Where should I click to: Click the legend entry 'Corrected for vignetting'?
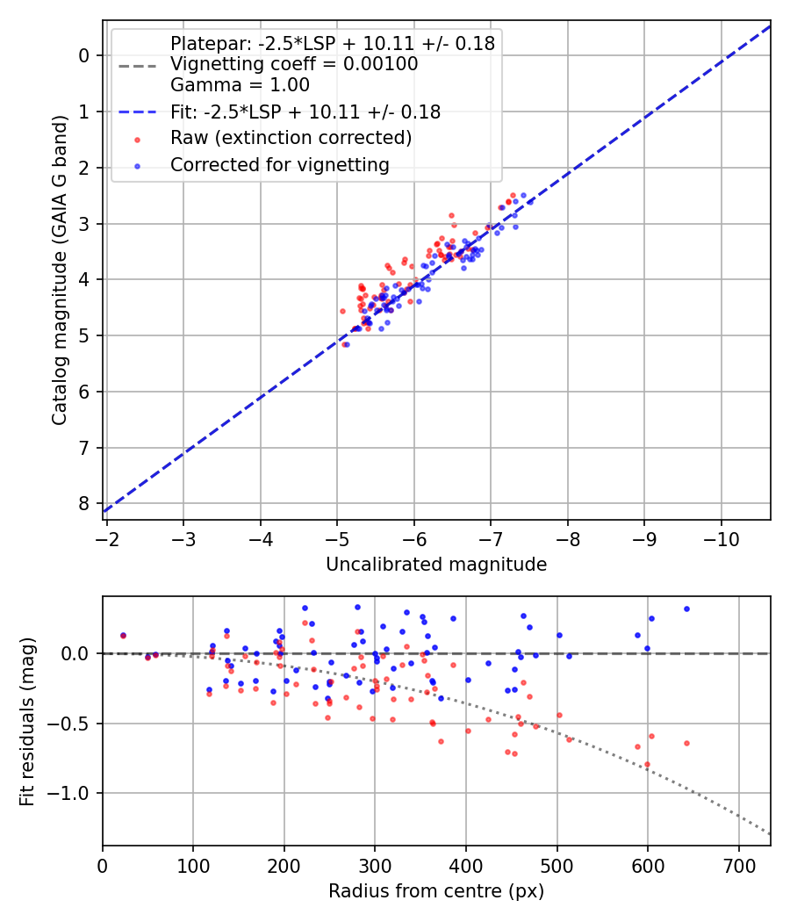280,164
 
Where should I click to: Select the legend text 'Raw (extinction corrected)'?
291,138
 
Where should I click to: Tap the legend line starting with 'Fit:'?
305,112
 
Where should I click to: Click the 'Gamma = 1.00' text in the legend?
240,85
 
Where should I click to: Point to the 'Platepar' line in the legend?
332,43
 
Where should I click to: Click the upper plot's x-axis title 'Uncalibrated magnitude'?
436,565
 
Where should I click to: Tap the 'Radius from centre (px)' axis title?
436,891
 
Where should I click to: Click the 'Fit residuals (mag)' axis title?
27,722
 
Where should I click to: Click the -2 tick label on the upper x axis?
107,537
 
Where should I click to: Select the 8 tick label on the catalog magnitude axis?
84,504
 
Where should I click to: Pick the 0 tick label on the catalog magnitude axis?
84,55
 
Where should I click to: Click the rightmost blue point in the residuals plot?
686,609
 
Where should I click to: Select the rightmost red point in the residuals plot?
686,743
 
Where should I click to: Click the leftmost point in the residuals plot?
123,635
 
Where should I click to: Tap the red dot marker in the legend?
136,139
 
